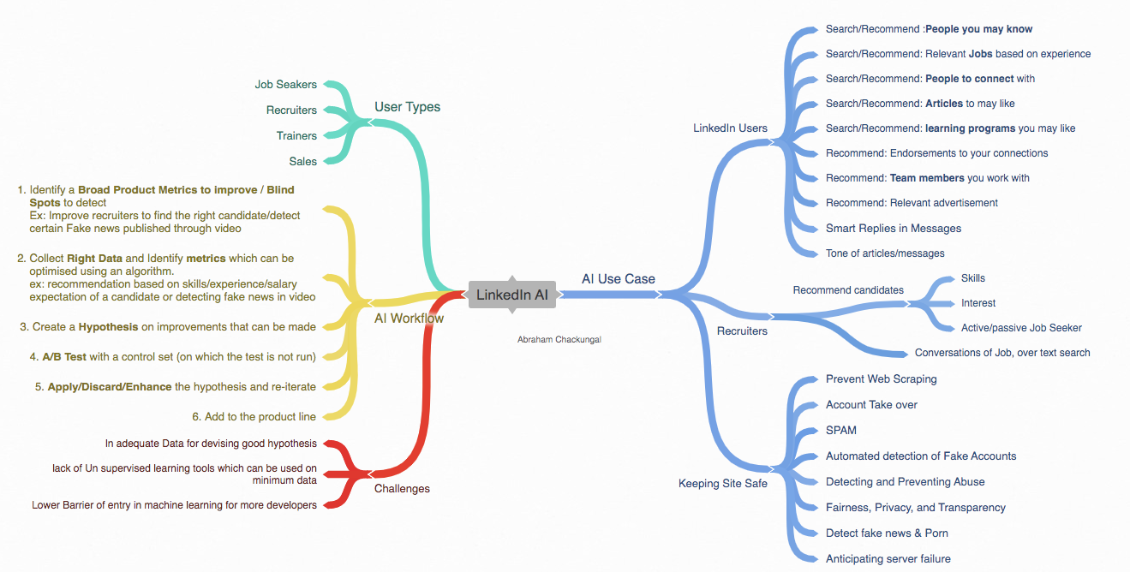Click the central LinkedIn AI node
[512, 295]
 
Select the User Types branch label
[407, 107]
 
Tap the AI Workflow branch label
[410, 319]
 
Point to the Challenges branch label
[402, 488]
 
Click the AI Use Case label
[619, 279]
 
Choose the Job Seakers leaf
[285, 84]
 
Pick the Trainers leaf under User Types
[296, 135]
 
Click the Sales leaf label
[302, 162]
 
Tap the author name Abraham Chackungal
[559, 339]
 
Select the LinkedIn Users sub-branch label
[730, 128]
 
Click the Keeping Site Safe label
[723, 483]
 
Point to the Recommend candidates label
[848, 290]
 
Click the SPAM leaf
[841, 430]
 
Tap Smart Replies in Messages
[894, 229]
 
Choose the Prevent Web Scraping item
[882, 378]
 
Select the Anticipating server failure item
[888, 558]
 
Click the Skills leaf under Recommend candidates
[973, 278]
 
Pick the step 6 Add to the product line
[254, 417]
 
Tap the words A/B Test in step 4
[64, 356]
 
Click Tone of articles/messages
[885, 253]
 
